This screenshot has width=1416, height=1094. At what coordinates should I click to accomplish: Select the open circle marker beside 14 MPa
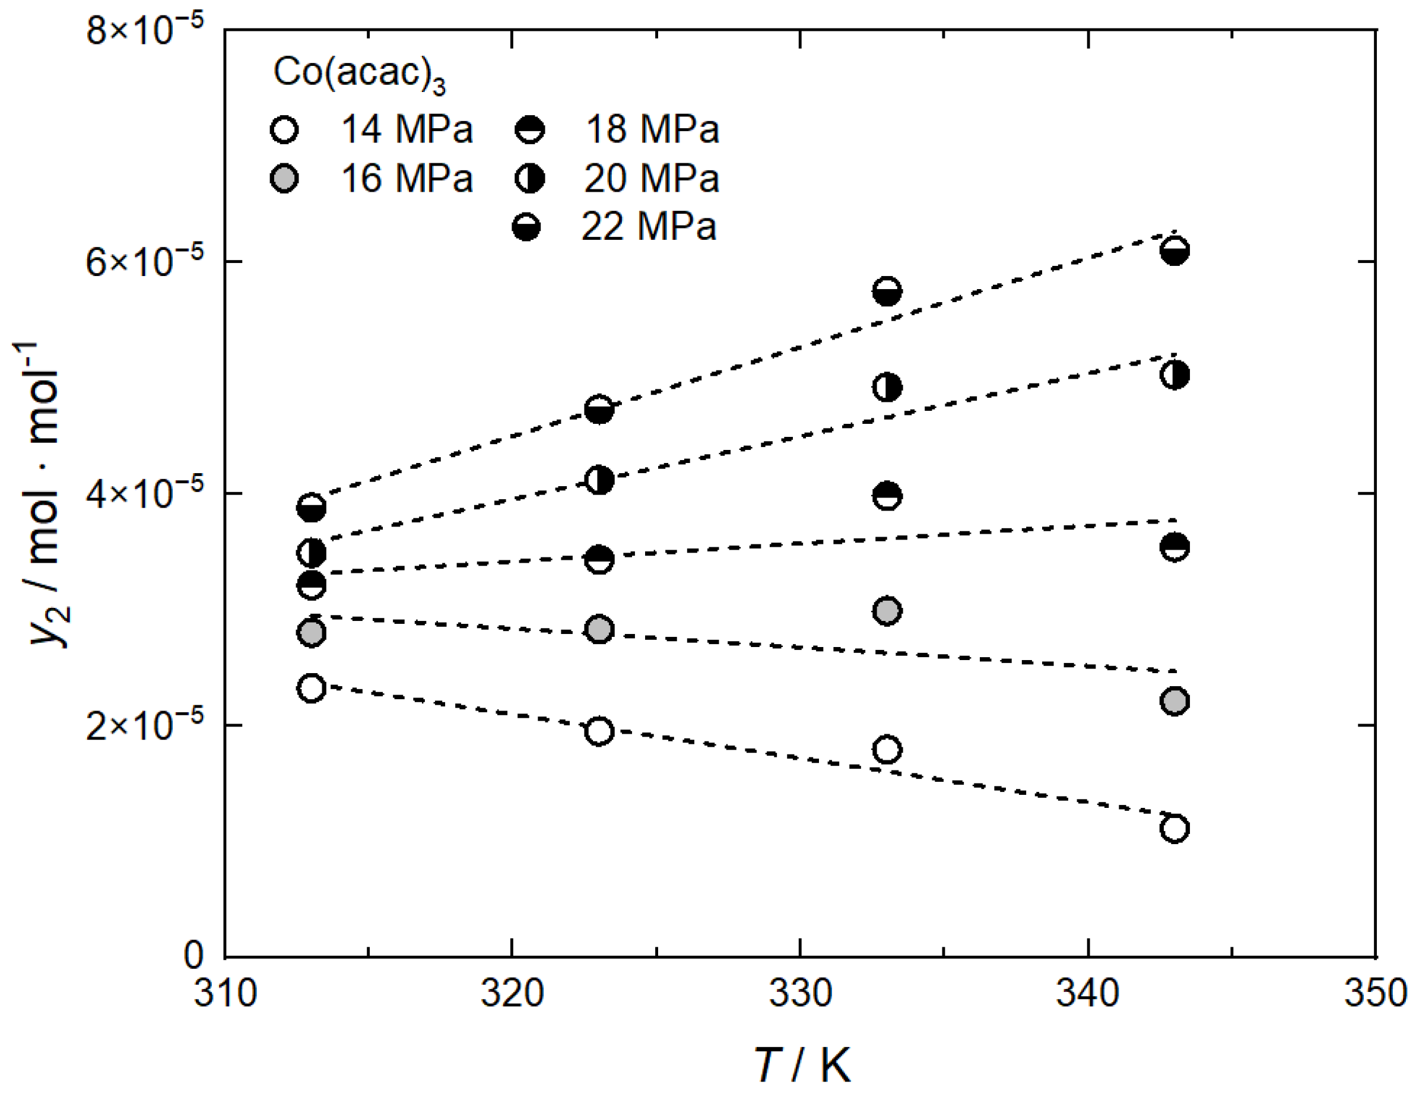(x=284, y=129)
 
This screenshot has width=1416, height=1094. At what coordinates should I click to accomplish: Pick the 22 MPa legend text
(x=648, y=227)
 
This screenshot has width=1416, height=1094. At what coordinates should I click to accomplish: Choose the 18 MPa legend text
(x=652, y=129)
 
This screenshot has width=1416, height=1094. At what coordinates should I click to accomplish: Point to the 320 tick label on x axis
(x=512, y=994)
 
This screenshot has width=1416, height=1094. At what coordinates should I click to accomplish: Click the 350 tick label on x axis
(x=1374, y=994)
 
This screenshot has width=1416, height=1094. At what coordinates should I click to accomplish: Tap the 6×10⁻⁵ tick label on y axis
(x=144, y=261)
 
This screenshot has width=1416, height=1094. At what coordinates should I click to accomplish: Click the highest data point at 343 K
(x=1174, y=250)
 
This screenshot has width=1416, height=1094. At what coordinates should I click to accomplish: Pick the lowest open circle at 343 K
(x=1174, y=828)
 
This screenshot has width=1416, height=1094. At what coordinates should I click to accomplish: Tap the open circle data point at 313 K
(x=311, y=687)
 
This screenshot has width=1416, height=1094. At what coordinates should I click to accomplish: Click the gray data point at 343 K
(x=1174, y=701)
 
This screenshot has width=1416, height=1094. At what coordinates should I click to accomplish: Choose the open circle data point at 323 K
(x=598, y=731)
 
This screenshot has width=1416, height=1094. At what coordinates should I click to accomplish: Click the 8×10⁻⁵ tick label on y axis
(x=144, y=29)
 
